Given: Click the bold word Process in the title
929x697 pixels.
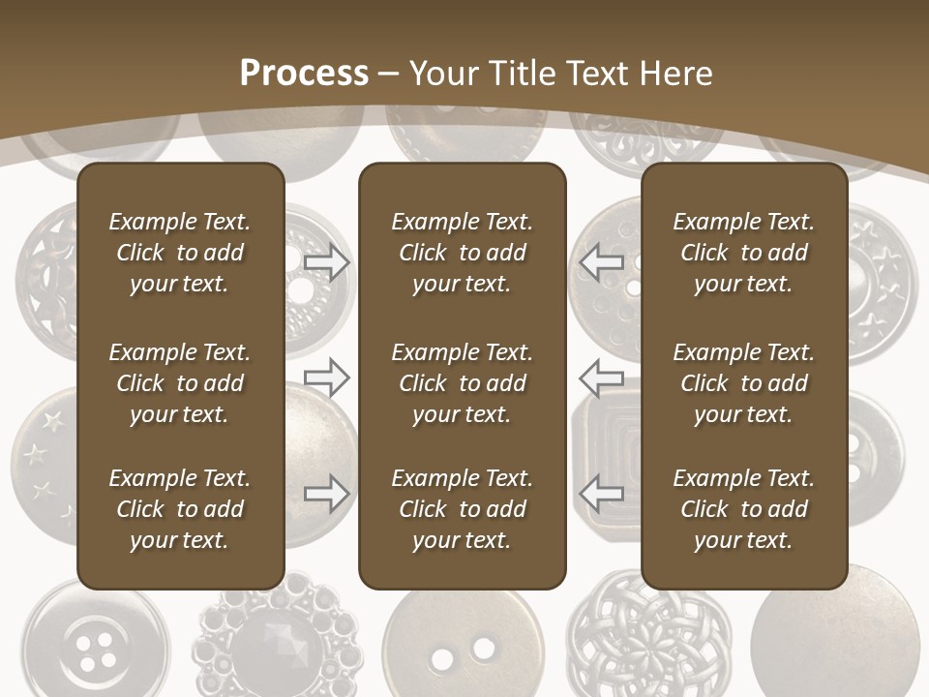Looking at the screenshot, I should pos(304,74).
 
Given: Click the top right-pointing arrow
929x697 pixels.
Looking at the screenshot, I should pos(326,261).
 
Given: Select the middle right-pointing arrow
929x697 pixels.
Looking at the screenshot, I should pos(326,377).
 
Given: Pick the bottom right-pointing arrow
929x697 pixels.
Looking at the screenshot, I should pos(326,494).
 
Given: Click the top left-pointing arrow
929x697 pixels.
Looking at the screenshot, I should pos(601,261).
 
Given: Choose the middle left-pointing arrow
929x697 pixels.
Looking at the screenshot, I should pos(601,377).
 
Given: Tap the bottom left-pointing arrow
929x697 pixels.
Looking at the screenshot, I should pos(601,494).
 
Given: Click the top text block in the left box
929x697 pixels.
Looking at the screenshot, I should pos(180,253).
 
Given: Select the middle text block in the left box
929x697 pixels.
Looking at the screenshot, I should pos(180,383).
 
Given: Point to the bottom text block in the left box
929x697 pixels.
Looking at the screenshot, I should pos(180,509).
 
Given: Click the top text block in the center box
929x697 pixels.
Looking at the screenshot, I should pos(462,253).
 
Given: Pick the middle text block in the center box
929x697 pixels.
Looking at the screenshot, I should pos(462,383).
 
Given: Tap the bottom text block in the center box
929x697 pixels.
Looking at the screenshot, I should pos(462,509).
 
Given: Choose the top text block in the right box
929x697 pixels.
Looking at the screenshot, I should pos(743,253).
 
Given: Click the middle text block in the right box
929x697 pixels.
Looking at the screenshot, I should pos(743,383).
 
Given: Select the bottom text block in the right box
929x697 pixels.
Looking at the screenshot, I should pos(743,509).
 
